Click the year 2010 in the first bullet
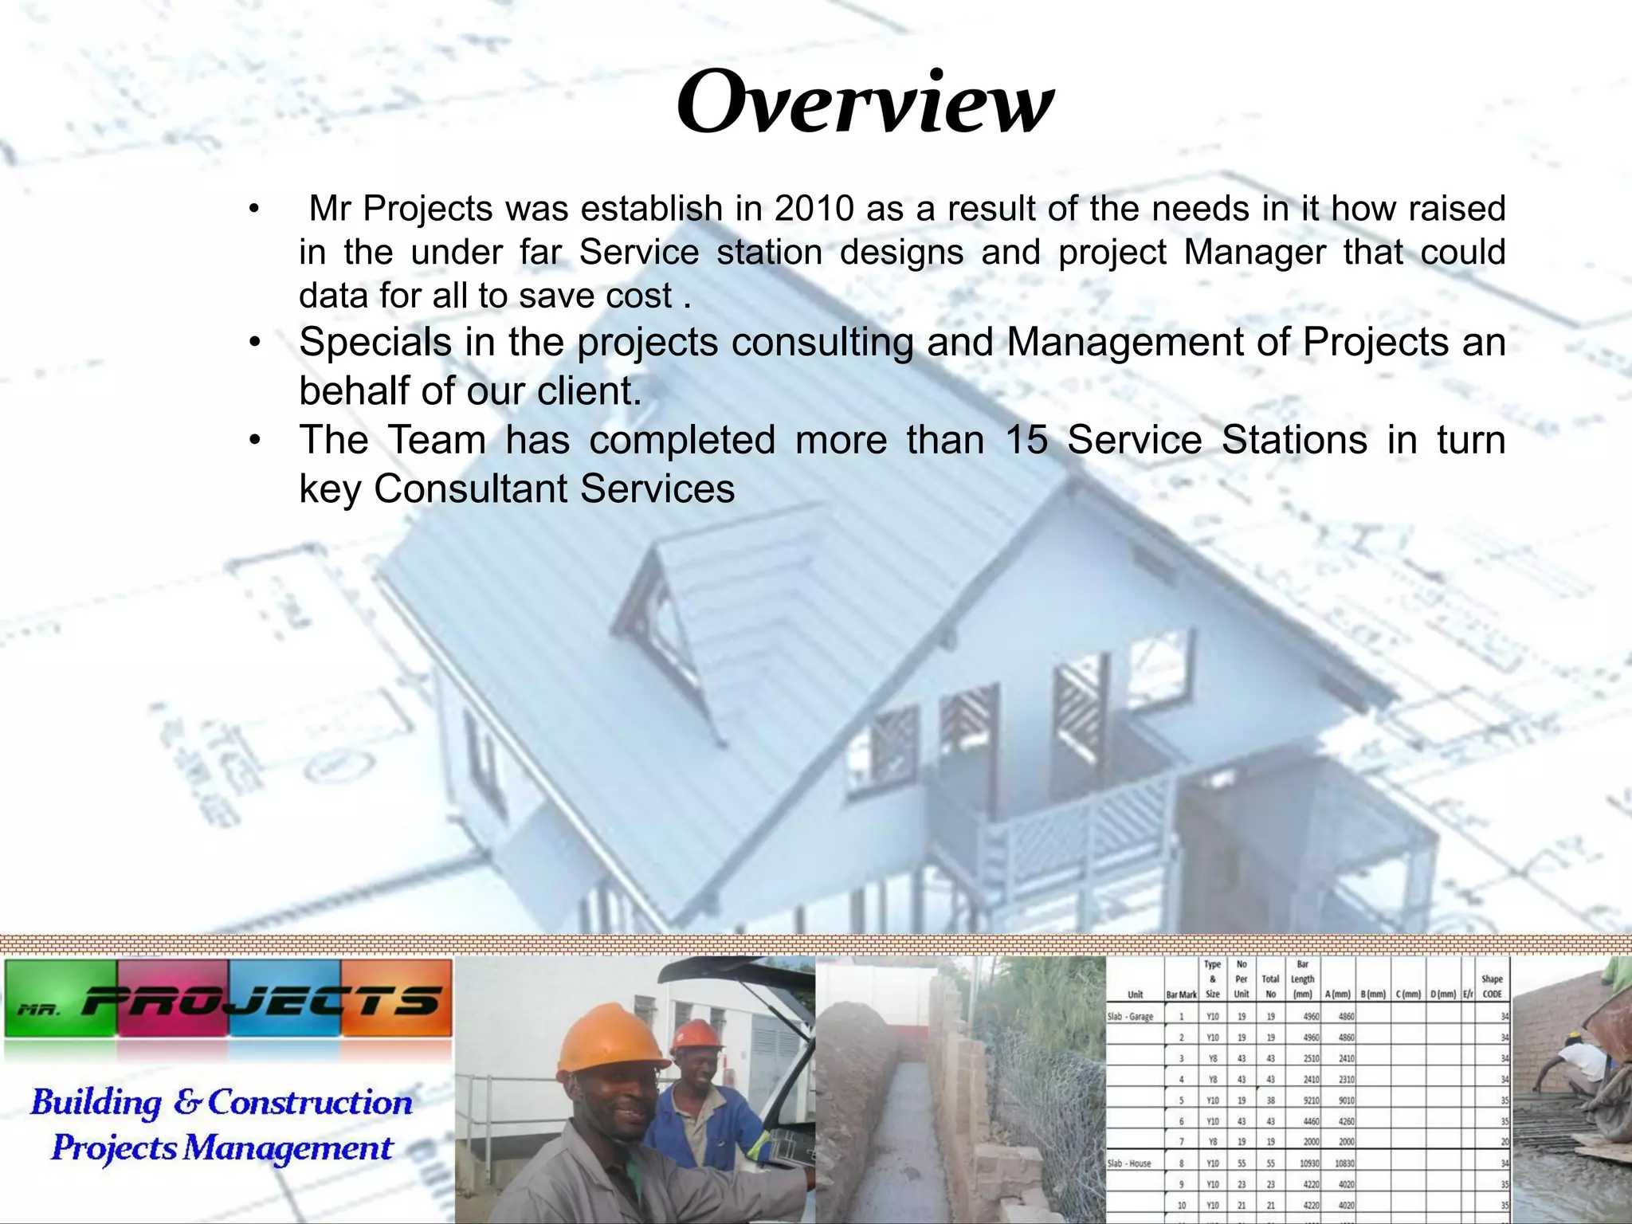(x=814, y=209)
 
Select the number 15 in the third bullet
(x=1026, y=440)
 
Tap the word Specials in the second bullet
(x=375, y=343)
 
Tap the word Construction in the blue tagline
(x=310, y=1103)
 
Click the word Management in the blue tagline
(x=288, y=1148)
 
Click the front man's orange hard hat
(x=610, y=1038)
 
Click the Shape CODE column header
(x=1492, y=987)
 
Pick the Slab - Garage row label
(x=1130, y=1017)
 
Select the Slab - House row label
(x=1129, y=1163)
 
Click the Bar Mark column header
(x=1181, y=994)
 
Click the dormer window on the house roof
(x=669, y=614)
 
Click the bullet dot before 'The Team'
(x=254, y=441)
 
